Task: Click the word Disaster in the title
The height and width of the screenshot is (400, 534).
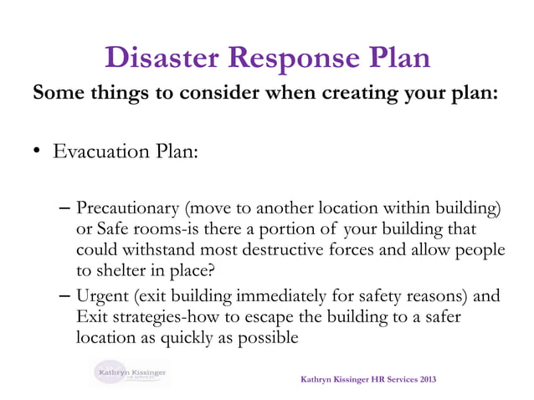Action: [x=164, y=57]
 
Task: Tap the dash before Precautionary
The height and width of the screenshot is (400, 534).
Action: [x=66, y=208]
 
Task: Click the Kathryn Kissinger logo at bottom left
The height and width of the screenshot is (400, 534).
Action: [x=130, y=373]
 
